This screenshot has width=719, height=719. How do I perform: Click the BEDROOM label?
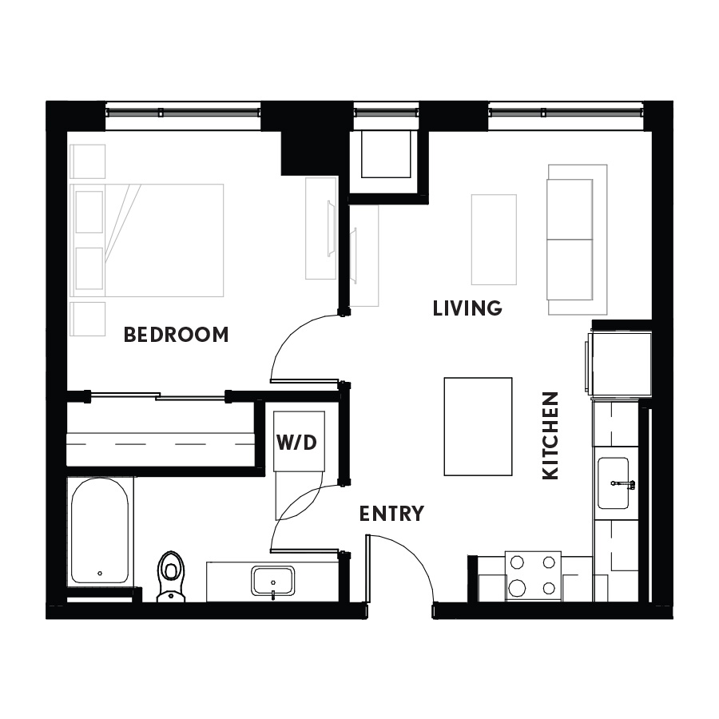tap(176, 335)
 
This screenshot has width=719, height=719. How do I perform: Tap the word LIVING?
tap(467, 308)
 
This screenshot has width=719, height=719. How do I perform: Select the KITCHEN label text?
tap(550, 435)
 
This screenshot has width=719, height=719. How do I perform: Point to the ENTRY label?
tap(391, 514)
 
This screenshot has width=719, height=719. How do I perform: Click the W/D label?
tap(296, 443)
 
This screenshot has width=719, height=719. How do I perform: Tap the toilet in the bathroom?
tap(171, 576)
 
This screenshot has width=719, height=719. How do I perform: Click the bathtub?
tap(100, 530)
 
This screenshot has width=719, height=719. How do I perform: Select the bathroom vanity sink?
tap(273, 582)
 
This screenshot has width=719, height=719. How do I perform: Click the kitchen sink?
tap(613, 483)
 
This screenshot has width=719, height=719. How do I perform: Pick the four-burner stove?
tap(533, 576)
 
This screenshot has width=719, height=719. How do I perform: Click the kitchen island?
tap(478, 427)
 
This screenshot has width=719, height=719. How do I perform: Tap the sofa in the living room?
tap(578, 240)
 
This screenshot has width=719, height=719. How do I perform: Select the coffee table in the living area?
tap(494, 240)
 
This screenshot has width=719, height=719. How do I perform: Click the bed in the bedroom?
tap(147, 240)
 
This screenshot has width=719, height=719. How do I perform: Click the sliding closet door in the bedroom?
tap(158, 395)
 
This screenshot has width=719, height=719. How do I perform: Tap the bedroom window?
tap(183, 113)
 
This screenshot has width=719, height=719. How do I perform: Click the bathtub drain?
tap(100, 573)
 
